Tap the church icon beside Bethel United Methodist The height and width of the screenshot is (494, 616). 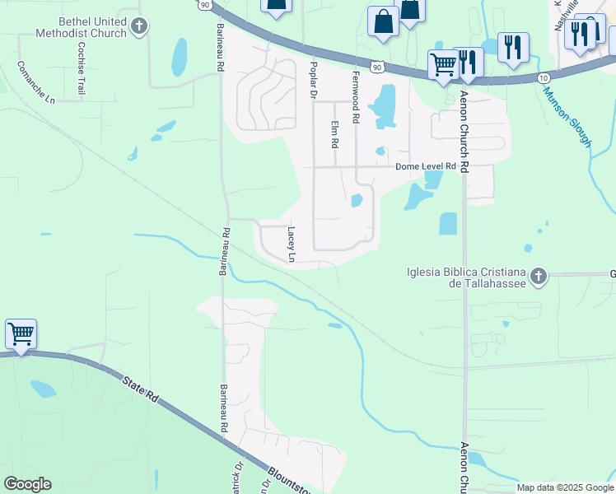(139, 26)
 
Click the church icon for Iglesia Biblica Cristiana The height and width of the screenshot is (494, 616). (538, 276)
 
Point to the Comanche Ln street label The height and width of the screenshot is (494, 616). (35, 82)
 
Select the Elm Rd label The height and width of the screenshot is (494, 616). (334, 134)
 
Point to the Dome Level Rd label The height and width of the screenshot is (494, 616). (425, 166)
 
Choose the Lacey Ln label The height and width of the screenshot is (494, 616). (291, 245)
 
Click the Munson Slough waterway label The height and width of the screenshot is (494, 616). (567, 116)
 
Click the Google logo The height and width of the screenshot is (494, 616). (27, 484)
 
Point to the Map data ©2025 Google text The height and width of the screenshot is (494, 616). (565, 487)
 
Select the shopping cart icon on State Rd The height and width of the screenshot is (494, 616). (21, 334)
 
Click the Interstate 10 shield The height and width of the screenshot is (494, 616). (543, 77)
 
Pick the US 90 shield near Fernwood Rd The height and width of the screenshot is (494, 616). (376, 66)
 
